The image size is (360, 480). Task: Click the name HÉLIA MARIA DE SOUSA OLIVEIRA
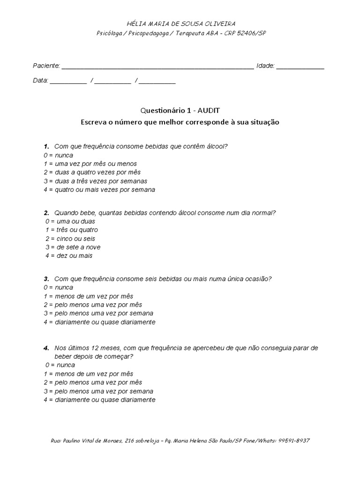[x=181, y=23]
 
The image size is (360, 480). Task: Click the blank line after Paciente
[x=158, y=67]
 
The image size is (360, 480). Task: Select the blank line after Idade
[x=300, y=67]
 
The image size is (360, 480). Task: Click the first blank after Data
[x=68, y=82]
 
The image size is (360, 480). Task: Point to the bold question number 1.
[x=46, y=147]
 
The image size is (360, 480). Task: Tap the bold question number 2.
[x=46, y=213]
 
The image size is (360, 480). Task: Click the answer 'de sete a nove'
[x=77, y=247]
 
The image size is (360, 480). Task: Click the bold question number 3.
[x=46, y=279]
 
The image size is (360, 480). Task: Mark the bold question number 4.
[x=46, y=348]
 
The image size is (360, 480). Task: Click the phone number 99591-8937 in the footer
[x=294, y=441]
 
